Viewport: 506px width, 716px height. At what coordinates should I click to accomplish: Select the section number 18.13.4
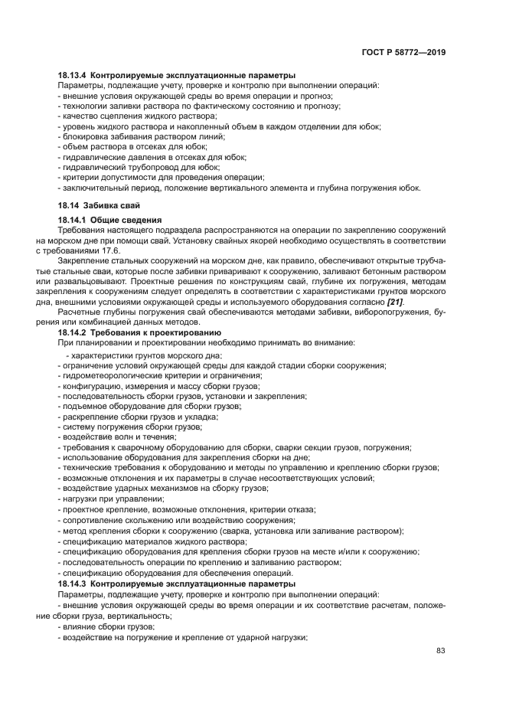(x=73, y=76)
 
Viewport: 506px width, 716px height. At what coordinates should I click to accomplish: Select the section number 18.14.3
(x=73, y=584)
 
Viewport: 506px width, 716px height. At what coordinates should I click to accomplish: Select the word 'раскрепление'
(x=87, y=416)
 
